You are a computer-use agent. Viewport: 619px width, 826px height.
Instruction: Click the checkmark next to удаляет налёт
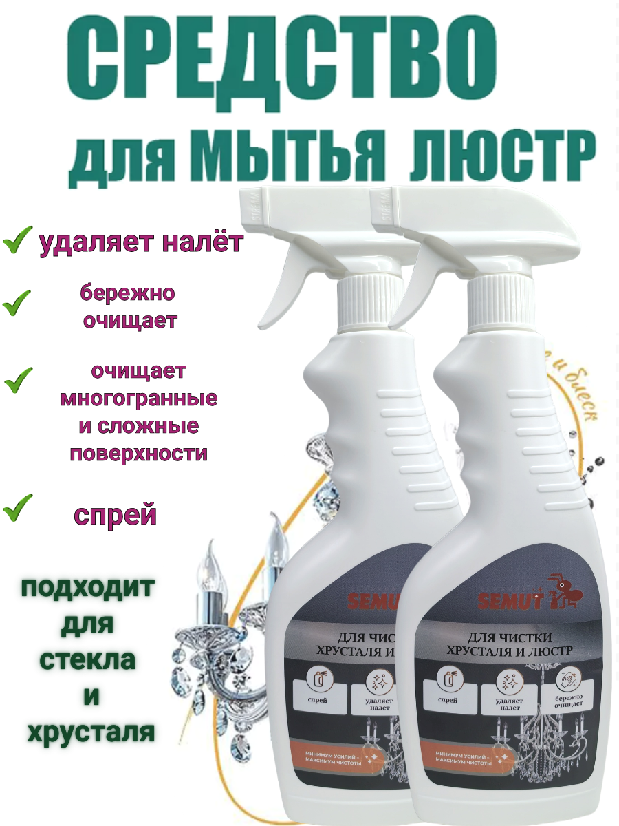pos(17,242)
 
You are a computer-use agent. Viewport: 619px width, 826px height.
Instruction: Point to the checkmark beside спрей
pos(17,510)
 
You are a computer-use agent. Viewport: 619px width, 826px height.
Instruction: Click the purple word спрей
pos(116,515)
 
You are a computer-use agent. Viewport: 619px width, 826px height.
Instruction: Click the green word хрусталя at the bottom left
pos(90,732)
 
